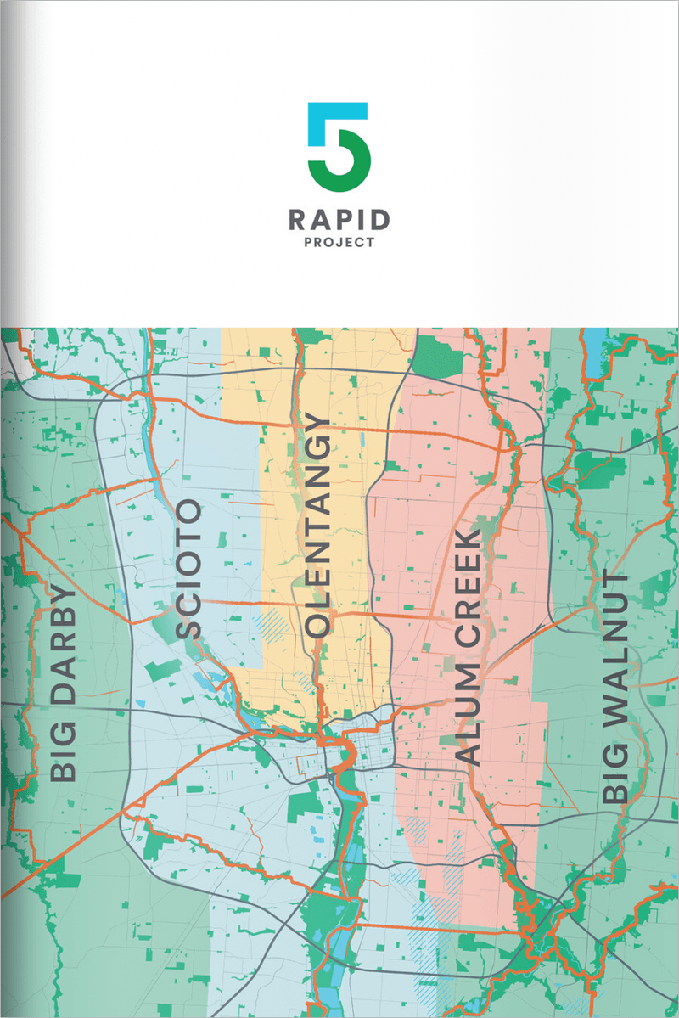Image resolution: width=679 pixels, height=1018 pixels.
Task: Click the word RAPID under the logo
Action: pos(339,221)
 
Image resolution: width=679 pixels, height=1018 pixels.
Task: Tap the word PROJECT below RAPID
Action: pos(339,242)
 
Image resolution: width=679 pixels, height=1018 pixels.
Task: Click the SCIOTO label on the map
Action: pos(189,569)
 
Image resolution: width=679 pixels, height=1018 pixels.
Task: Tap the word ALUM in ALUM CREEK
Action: pos(467,722)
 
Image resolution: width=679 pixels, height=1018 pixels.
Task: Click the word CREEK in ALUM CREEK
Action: pos(467,594)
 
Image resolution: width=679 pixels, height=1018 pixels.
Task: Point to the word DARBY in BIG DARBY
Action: pos(63,650)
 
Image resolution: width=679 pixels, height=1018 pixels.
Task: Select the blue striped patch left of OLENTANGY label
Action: pos(275,626)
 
